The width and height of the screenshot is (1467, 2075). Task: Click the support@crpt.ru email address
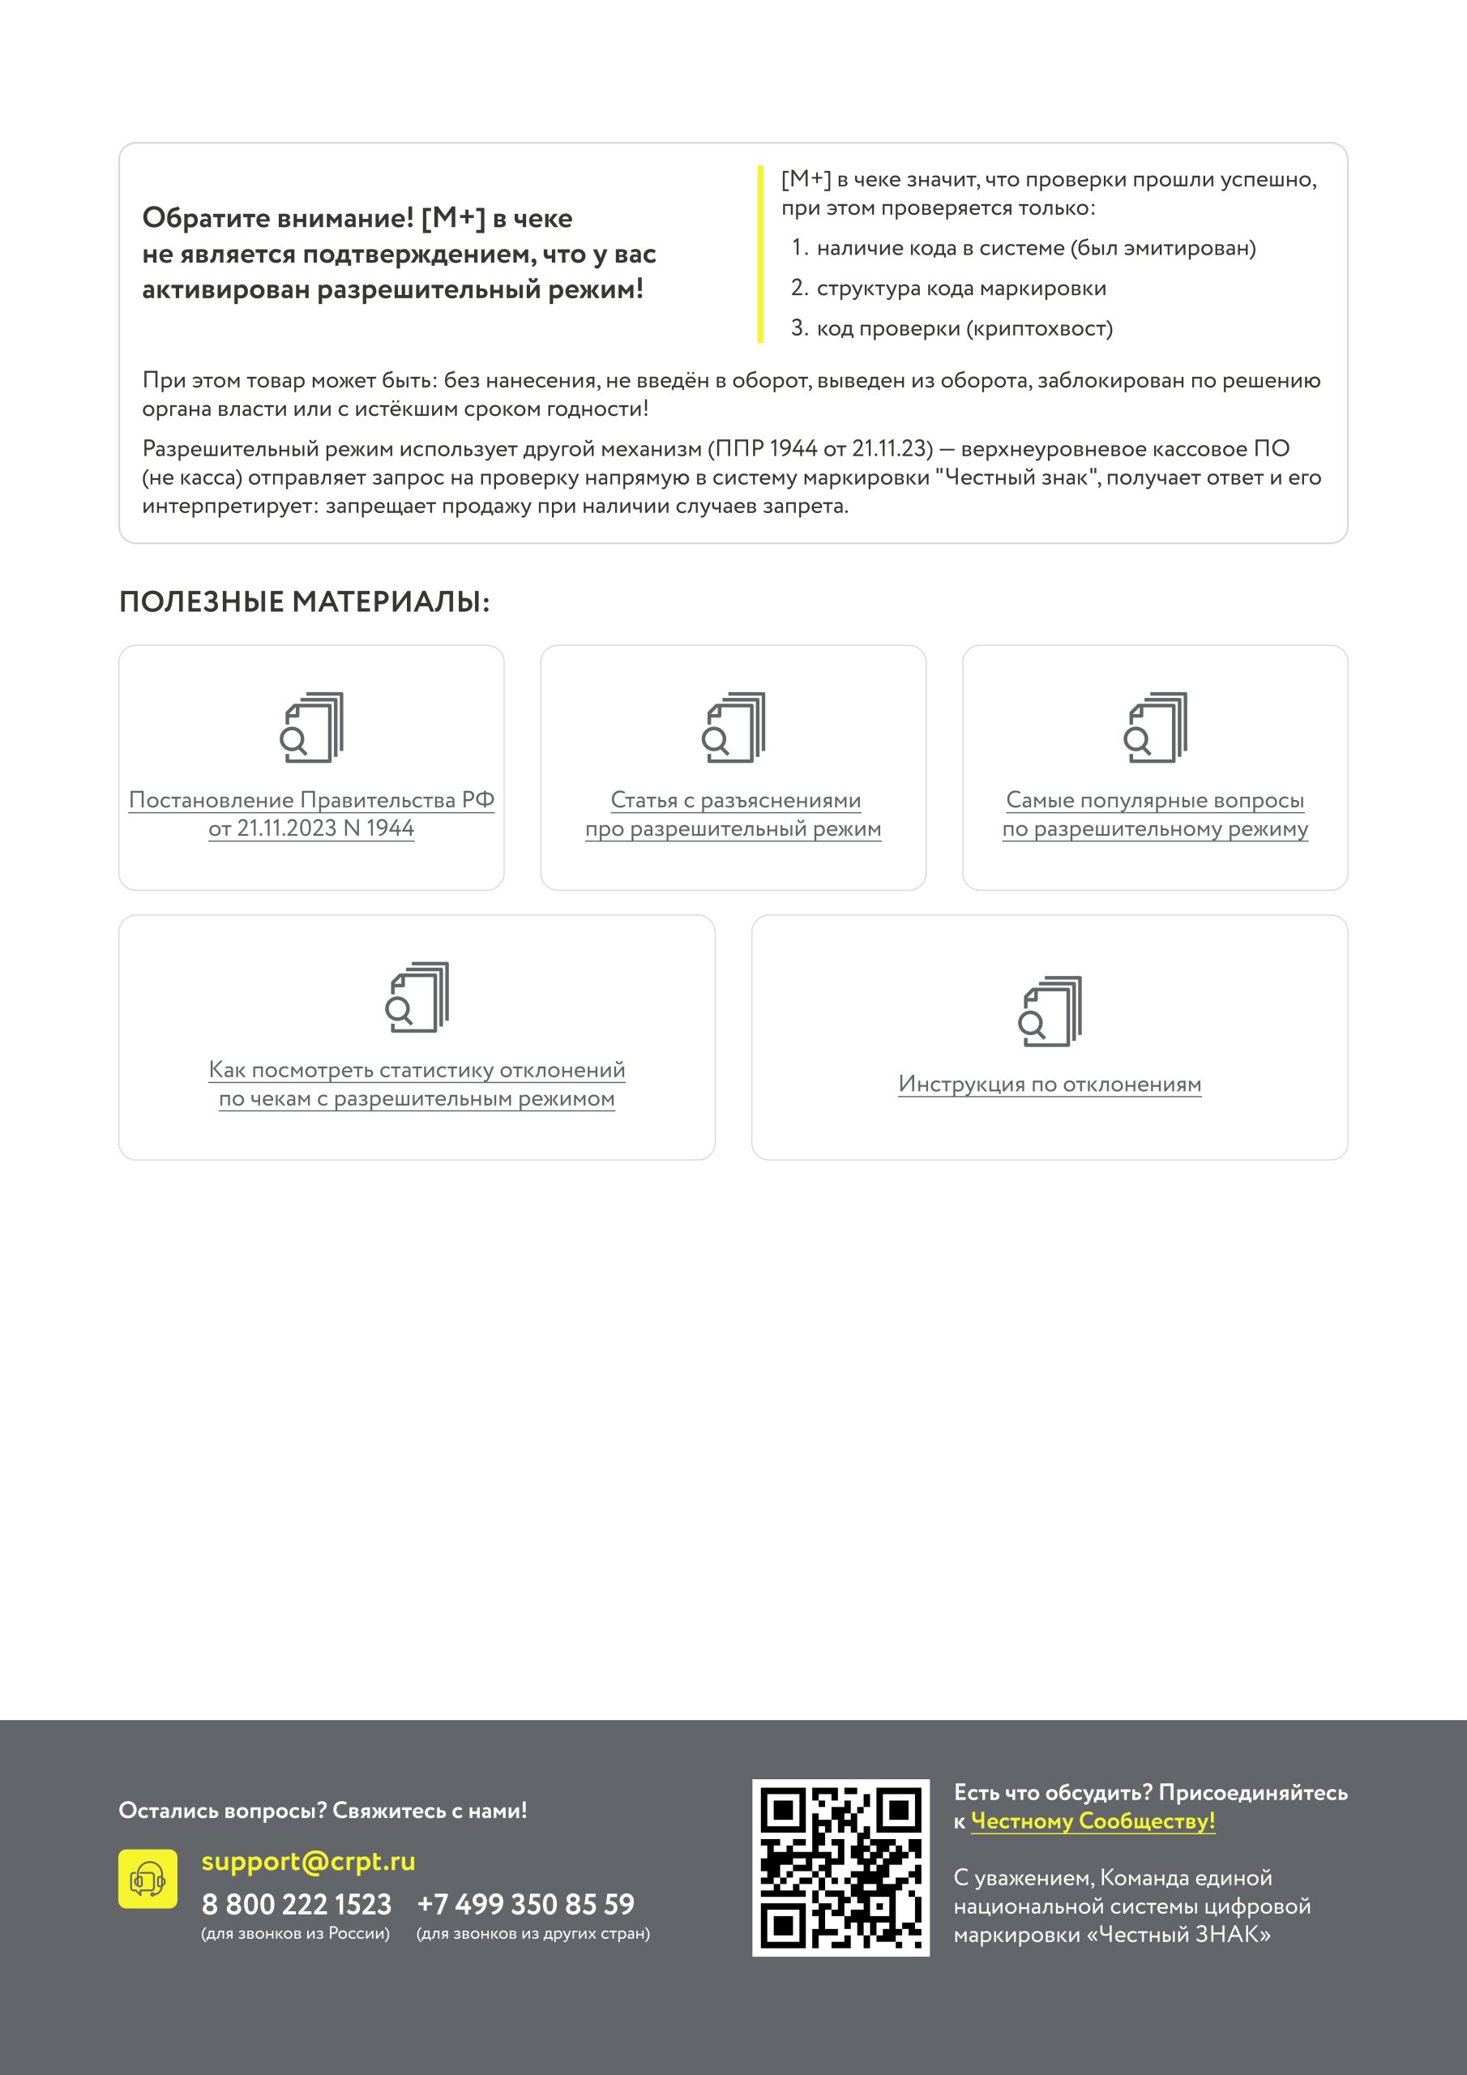click(308, 1862)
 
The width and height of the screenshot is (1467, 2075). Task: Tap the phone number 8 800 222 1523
click(297, 1904)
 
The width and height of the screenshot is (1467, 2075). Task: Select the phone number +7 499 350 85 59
click(526, 1904)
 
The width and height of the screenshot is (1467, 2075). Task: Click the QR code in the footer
click(840, 1868)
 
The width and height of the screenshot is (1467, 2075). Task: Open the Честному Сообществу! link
click(1093, 1821)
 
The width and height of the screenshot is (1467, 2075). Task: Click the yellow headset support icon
click(148, 1879)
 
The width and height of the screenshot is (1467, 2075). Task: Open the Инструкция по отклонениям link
click(1050, 1084)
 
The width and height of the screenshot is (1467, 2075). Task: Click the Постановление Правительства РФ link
click(311, 801)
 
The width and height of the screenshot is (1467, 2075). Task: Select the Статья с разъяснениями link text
click(735, 801)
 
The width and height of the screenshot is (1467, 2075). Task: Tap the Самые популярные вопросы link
click(1154, 801)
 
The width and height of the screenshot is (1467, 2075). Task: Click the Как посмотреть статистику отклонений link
click(417, 1070)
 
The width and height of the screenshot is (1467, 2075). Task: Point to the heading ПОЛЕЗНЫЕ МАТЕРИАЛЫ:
click(305, 602)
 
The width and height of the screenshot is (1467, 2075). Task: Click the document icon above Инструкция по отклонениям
click(1050, 1012)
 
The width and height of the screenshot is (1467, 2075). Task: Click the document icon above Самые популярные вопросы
click(1155, 728)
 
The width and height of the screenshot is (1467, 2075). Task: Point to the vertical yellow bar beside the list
click(760, 255)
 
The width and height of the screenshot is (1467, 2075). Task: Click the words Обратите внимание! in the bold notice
click(277, 219)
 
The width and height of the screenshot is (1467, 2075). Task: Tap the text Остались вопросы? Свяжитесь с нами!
click(323, 1810)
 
